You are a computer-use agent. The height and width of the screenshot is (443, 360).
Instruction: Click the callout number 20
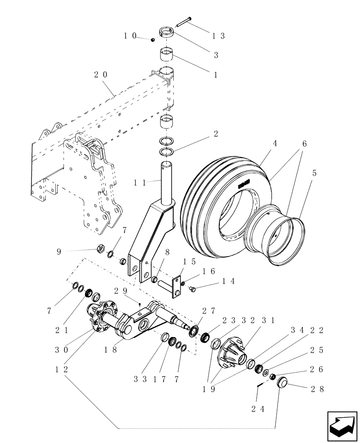100,75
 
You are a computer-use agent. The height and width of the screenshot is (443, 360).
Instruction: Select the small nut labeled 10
153,40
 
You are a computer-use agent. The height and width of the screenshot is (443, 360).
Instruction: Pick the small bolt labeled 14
193,289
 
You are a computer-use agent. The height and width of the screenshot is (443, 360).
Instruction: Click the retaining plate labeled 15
177,287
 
